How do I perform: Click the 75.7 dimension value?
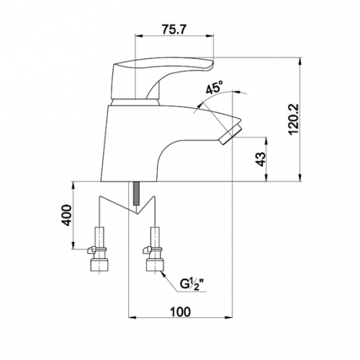(x=174, y=30)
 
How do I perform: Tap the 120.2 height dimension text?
(x=294, y=120)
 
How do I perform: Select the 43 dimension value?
(x=261, y=159)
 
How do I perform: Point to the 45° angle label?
(x=215, y=87)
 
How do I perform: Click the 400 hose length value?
(x=67, y=215)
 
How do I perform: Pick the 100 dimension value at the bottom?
(x=180, y=312)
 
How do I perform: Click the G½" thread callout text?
(x=192, y=285)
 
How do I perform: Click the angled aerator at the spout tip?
(x=230, y=135)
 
